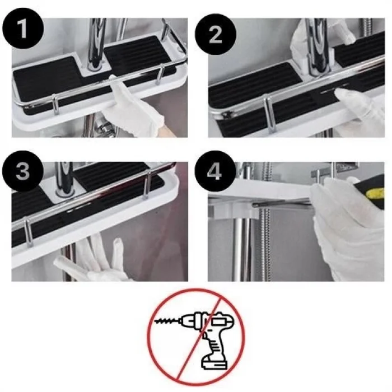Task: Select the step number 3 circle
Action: (x=22, y=171)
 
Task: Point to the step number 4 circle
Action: (x=214, y=171)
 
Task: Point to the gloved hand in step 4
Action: (x=347, y=230)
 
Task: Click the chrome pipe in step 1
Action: (x=96, y=39)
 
